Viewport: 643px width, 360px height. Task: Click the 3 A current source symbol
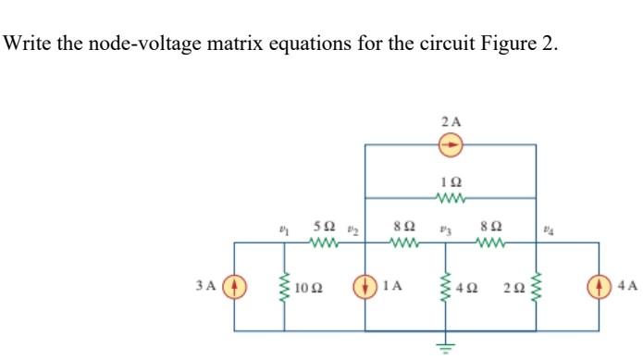(234, 285)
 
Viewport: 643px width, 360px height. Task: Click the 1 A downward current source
(366, 285)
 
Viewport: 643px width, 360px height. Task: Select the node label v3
(447, 227)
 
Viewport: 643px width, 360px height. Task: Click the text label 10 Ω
(309, 286)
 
